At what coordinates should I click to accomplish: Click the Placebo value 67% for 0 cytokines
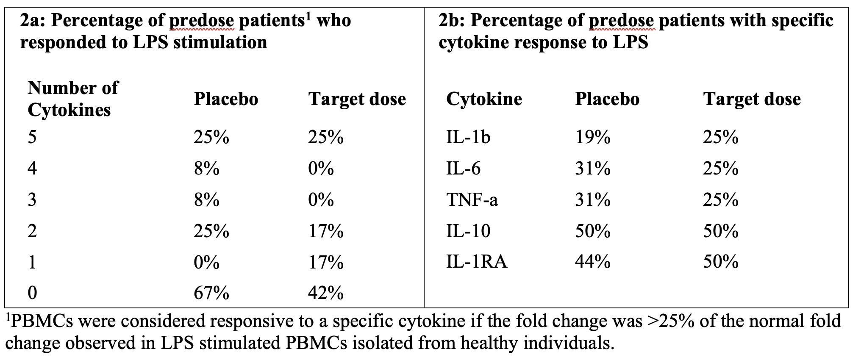tap(211, 293)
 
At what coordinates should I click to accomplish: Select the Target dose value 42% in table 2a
tap(325, 293)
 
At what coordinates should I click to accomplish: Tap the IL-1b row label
tap(468, 137)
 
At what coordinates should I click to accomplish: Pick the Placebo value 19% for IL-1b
tap(592, 137)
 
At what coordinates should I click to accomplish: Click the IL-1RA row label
tap(476, 262)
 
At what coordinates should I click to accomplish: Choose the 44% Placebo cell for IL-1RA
tap(592, 262)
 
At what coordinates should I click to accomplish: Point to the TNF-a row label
tap(472, 199)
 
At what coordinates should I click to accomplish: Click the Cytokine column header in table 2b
tap(484, 99)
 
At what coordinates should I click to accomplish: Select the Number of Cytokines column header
tap(73, 99)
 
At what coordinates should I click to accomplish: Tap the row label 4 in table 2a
tap(32, 169)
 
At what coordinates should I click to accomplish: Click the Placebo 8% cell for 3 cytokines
tap(206, 199)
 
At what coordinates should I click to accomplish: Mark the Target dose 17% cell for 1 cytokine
tap(325, 262)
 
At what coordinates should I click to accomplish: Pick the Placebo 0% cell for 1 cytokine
tap(206, 262)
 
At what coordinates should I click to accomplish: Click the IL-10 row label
tap(468, 231)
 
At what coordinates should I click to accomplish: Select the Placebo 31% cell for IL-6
tap(592, 169)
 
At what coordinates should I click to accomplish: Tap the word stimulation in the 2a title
tap(220, 42)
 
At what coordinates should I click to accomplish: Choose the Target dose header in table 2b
tap(752, 99)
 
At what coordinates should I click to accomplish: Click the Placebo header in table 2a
tap(226, 99)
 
